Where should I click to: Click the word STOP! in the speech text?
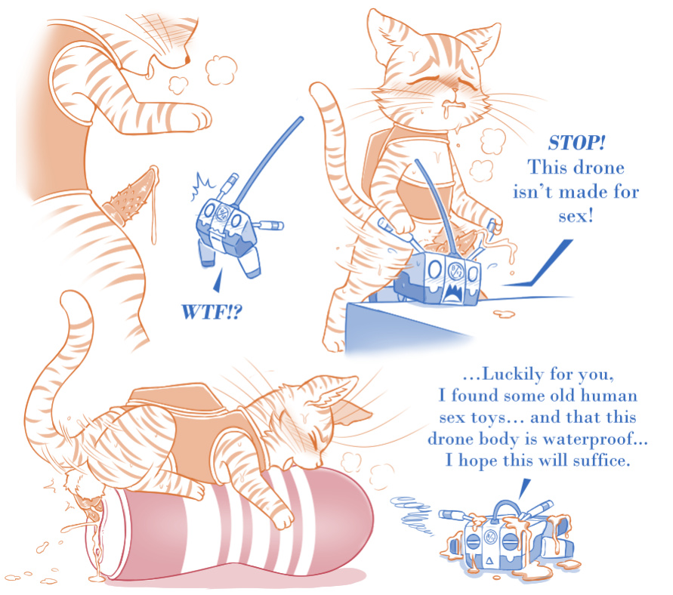576,143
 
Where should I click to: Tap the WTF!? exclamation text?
211,312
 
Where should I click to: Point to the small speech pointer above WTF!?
218,282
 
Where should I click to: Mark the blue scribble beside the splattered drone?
412,515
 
